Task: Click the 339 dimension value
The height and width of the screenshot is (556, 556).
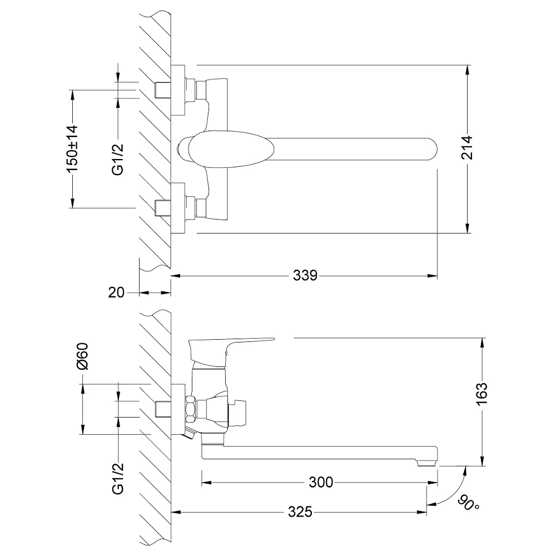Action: (305, 275)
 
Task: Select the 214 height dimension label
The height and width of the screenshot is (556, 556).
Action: (468, 147)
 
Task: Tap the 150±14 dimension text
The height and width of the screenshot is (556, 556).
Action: (73, 149)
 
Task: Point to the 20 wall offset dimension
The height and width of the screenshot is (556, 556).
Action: (116, 292)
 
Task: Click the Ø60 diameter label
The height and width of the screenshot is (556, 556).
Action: (82, 356)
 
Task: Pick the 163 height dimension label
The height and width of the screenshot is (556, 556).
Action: (482, 394)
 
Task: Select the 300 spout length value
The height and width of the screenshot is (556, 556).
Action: (321, 482)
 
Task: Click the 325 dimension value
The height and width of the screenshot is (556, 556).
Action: (300, 512)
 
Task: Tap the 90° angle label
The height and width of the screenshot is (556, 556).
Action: (468, 503)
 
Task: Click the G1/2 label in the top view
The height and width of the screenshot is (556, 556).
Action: (118, 160)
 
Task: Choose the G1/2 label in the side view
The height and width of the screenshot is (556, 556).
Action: (118, 479)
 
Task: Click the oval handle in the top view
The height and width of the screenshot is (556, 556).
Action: (231, 148)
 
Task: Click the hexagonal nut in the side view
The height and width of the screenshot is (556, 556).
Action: (190, 410)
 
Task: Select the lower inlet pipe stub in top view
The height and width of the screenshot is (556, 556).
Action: (163, 208)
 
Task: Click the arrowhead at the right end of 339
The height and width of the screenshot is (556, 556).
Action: (433, 276)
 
